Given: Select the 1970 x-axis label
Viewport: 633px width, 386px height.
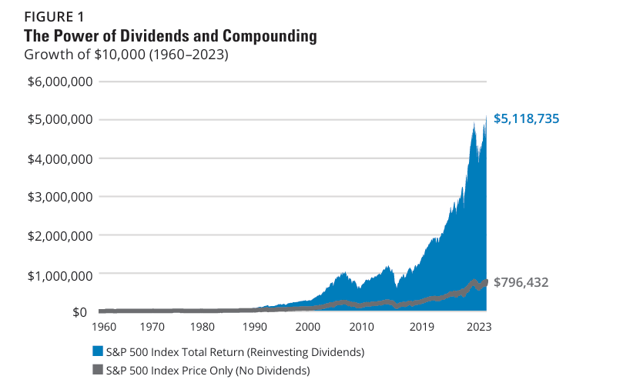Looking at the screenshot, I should click(x=153, y=327).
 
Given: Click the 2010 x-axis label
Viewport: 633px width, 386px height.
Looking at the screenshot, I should click(x=360, y=327).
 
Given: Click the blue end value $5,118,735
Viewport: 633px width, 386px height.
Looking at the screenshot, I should click(x=526, y=119).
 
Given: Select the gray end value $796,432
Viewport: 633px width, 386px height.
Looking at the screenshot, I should click(x=521, y=283).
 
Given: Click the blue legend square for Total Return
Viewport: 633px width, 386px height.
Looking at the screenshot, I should click(x=97, y=351).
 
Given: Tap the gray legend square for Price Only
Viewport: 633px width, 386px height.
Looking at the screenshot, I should click(x=97, y=371).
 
